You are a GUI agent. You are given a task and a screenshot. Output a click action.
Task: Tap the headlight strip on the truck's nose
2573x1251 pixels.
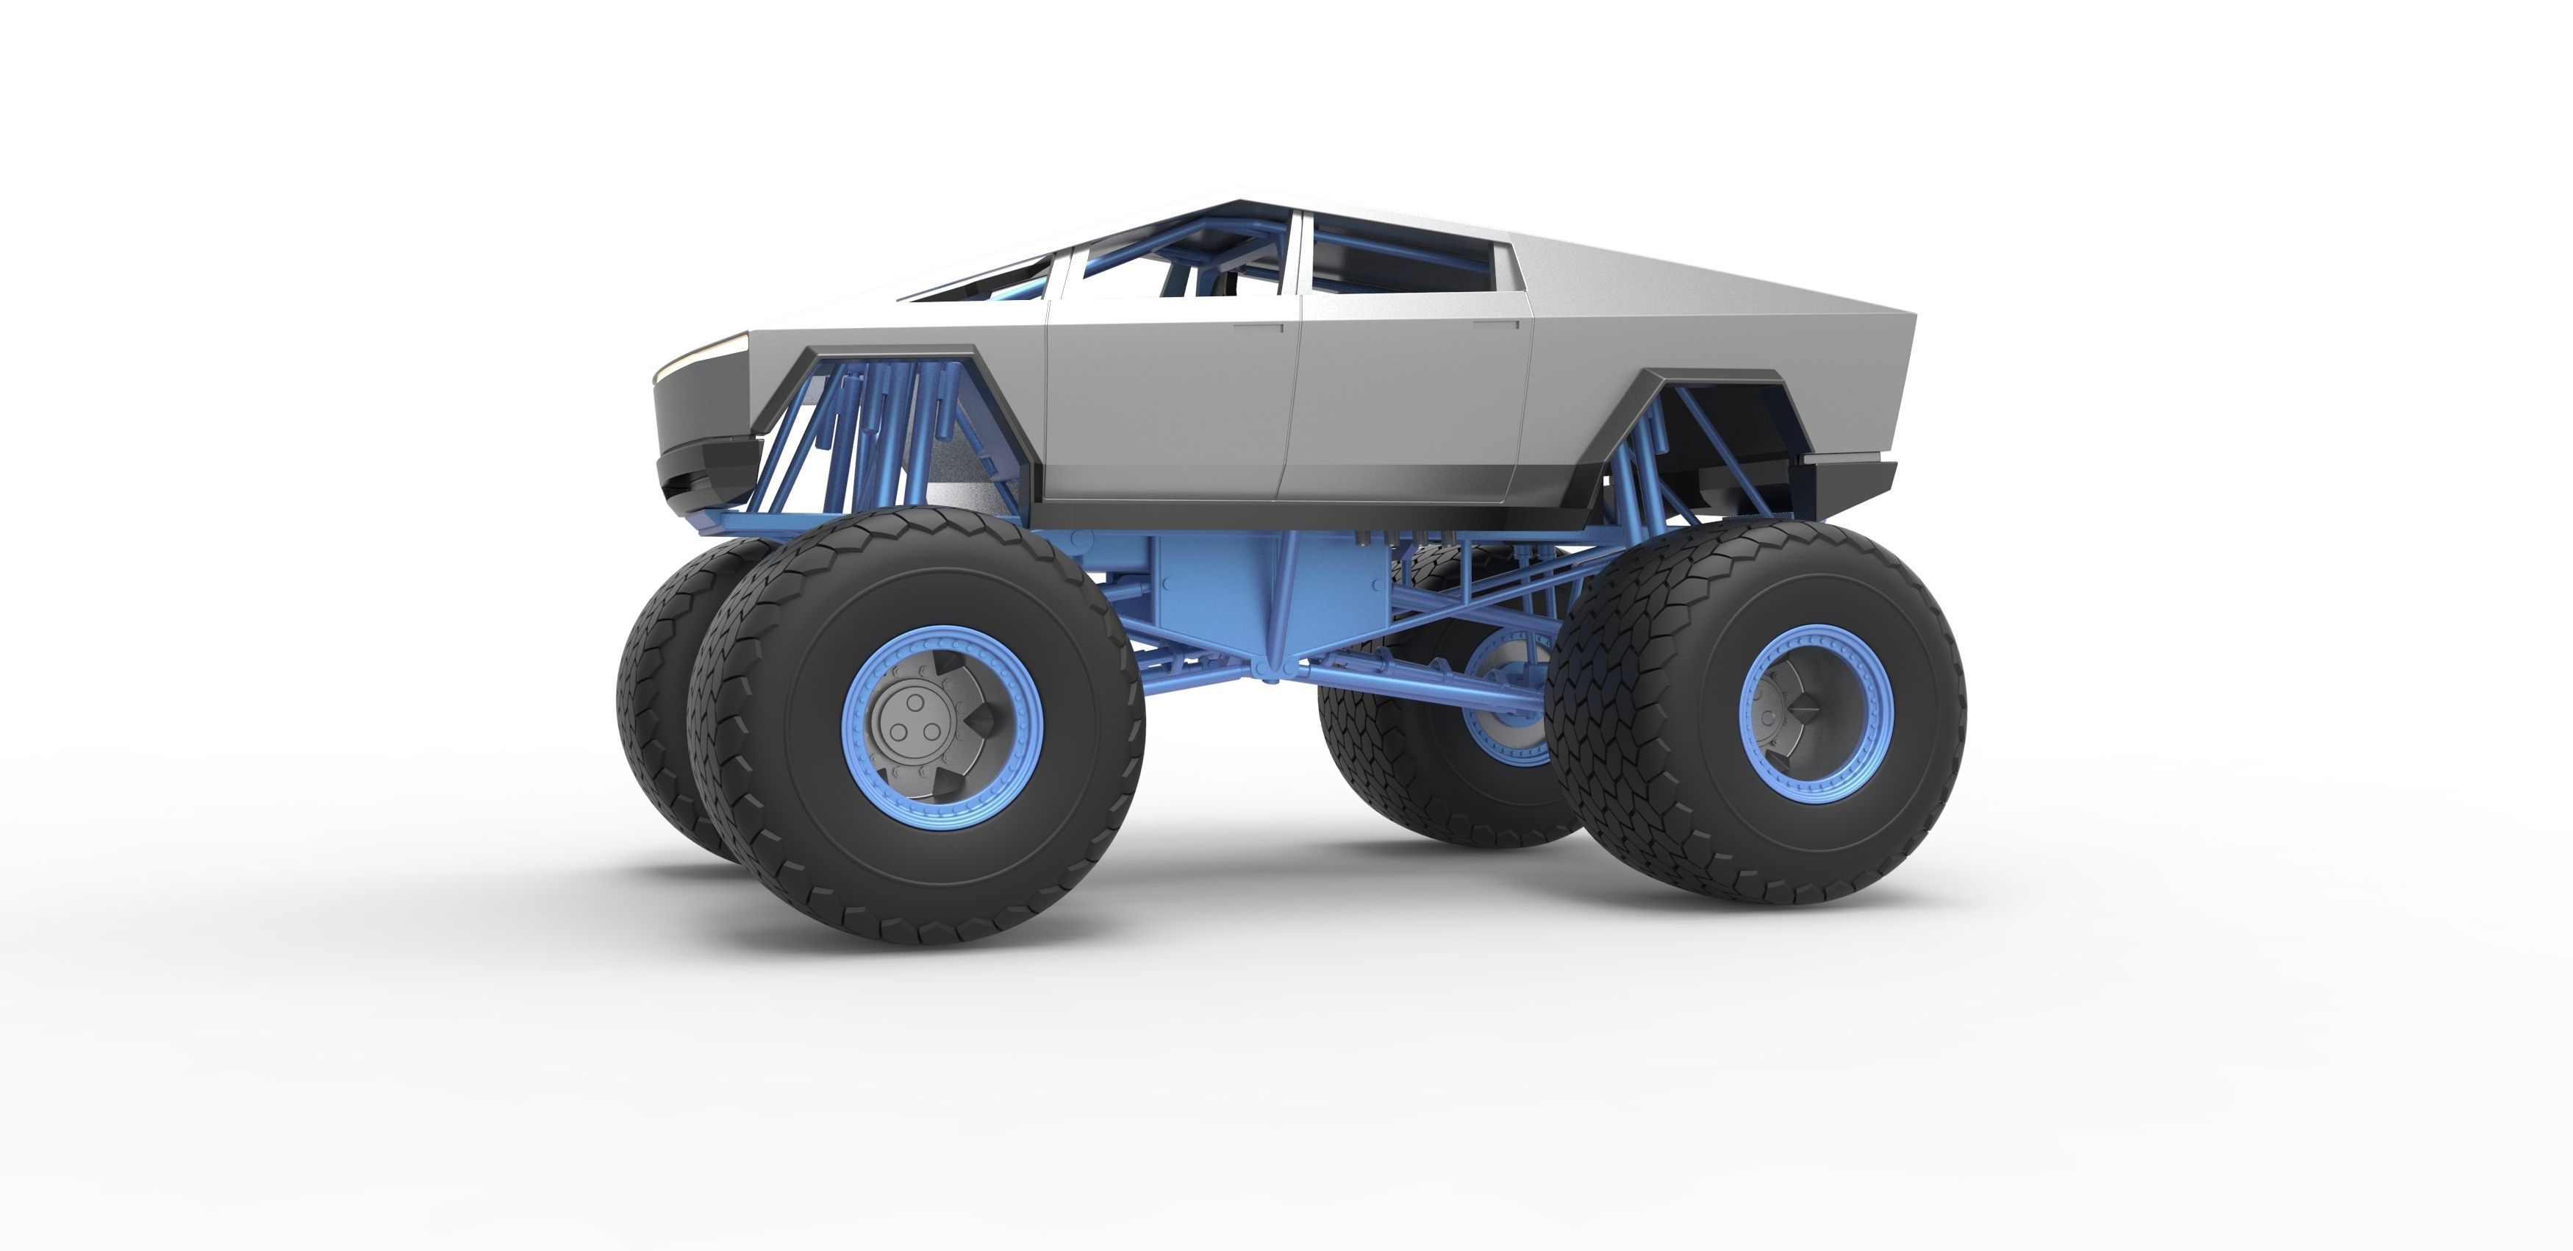pos(704,354)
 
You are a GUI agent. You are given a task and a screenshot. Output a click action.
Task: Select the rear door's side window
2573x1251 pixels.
pos(1398,254)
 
